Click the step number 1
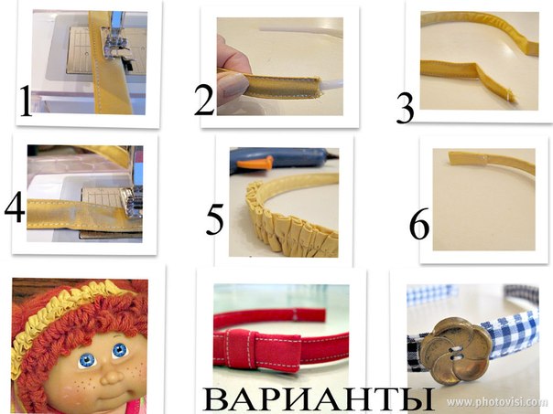coord(26,101)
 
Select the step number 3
coord(405,109)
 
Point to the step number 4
coord(15,208)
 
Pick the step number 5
coord(215,219)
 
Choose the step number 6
coord(419,224)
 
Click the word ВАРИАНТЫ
coord(318,399)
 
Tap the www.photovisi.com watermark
coord(497,402)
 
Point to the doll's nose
coord(112,377)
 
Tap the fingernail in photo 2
coord(233,87)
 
